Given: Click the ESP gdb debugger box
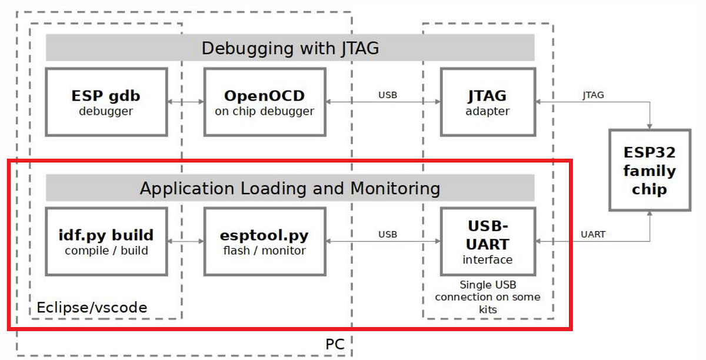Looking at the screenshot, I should pos(106,102).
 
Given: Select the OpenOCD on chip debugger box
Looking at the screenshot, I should pos(264,102).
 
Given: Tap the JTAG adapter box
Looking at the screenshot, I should pos(488,102).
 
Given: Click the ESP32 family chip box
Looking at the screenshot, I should pos(650,171).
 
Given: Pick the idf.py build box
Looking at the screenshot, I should pos(106,241).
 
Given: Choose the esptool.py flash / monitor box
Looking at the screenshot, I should pos(264,241).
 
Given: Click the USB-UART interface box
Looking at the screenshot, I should pos(488,241).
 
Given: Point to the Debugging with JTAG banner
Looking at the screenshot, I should pos(290,48).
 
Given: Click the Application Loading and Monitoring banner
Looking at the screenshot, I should pos(290,188).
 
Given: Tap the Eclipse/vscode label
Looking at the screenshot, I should pos(92,307).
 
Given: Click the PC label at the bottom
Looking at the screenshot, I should pos(334,343).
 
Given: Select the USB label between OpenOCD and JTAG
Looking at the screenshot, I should pos(387,94).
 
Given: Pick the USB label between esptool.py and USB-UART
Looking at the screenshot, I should pos(387,234).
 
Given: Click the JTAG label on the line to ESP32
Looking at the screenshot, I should pos(592,94).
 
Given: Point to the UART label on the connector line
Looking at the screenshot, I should pos(592,234).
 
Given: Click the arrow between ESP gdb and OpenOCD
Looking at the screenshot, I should pos(185,102).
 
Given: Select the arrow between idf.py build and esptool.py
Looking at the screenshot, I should pos(185,241).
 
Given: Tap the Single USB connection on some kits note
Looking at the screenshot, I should pos(488,297).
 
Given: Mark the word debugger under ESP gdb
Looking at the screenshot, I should pos(106,111).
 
